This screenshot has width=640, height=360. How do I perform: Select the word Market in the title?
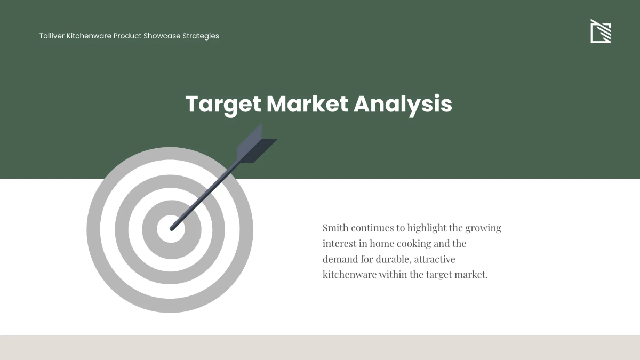(x=307, y=104)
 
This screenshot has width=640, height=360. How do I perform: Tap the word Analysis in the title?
(x=403, y=104)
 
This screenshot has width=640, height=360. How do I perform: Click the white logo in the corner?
(x=601, y=31)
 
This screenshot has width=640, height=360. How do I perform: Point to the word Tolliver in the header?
(x=52, y=36)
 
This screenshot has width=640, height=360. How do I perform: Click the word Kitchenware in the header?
(x=89, y=36)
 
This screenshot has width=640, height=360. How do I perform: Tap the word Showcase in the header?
(x=162, y=36)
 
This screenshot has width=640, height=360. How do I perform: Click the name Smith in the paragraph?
(x=335, y=228)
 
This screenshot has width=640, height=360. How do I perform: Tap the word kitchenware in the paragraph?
(x=349, y=275)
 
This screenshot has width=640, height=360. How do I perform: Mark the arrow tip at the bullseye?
(x=172, y=228)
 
